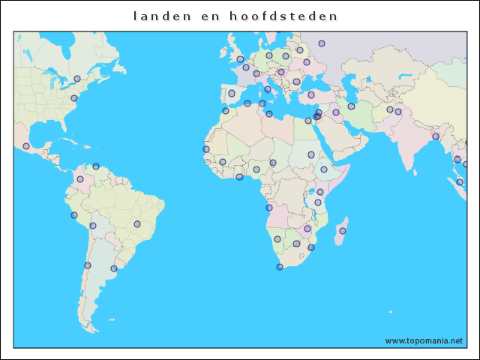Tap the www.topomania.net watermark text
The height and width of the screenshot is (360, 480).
[424, 340]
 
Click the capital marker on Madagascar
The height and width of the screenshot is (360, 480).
[343, 231]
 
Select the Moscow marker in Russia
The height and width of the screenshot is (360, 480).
[322, 43]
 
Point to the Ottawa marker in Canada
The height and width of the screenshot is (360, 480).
[77, 79]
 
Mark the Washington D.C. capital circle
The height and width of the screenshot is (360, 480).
[73, 98]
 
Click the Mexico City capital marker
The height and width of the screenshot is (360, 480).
[26, 146]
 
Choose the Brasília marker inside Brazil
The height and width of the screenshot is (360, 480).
[137, 223]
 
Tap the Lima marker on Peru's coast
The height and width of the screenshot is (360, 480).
[73, 215]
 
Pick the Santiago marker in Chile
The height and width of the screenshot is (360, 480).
[88, 265]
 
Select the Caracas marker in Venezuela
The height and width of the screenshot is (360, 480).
[96, 166]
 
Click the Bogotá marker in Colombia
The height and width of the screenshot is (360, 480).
[80, 179]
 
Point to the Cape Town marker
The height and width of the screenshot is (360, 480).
[280, 267]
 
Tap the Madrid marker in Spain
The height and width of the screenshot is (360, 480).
[232, 93]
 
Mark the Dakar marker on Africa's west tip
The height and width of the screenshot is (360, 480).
[206, 149]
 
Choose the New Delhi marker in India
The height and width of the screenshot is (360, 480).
[398, 112]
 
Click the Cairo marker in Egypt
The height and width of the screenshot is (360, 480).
[308, 121]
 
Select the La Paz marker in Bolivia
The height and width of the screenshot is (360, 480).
[93, 226]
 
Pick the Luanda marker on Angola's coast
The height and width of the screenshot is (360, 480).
[269, 208]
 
